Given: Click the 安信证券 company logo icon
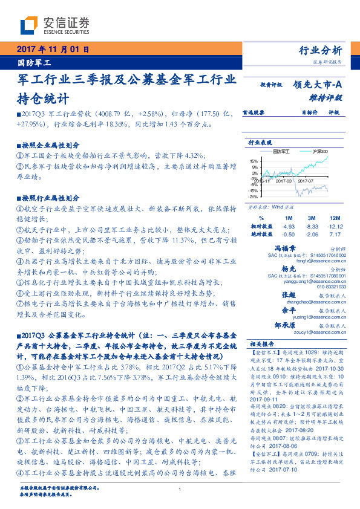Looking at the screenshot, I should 27,26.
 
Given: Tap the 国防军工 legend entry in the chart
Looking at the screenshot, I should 282,151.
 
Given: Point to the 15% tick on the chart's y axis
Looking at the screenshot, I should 254,161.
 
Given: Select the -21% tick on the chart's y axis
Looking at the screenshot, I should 254,196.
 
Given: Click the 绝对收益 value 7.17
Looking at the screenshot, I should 335,233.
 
